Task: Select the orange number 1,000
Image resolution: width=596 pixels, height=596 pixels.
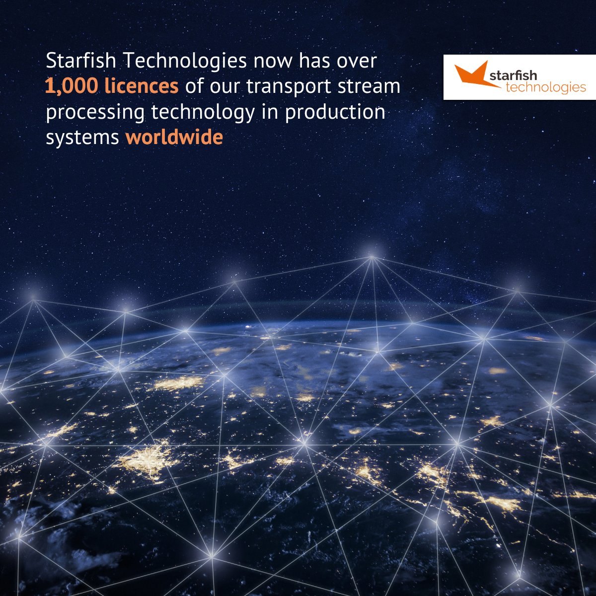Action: click(x=72, y=86)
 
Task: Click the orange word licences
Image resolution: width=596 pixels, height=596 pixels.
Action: click(x=142, y=86)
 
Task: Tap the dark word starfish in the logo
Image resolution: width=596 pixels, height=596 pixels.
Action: click(x=514, y=75)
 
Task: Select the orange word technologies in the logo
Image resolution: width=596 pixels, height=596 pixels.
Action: click(x=545, y=87)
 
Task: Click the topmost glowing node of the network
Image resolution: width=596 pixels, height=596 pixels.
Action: click(x=372, y=257)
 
